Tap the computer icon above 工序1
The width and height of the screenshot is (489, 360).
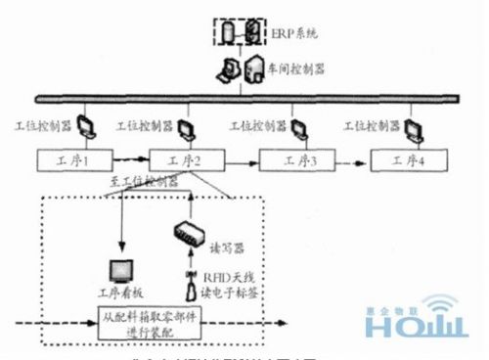(82, 127)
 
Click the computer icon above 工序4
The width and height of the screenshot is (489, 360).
(411, 127)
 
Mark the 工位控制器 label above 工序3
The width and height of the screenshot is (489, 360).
(255, 126)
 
